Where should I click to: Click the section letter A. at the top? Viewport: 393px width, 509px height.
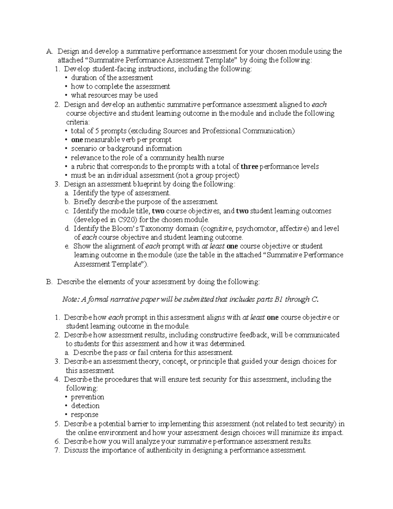coord(49,51)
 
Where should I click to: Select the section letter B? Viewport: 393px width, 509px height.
coord(49,282)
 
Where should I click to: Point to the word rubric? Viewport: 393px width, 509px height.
coord(85,166)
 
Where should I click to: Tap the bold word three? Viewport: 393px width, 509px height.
coord(250,166)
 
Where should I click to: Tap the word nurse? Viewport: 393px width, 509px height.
coord(215,158)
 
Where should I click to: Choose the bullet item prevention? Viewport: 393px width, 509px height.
coord(87,397)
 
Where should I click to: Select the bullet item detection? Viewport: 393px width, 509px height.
coord(85,406)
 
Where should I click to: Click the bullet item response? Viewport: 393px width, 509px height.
coord(84,415)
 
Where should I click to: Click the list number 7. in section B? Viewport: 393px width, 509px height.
coord(57,450)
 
